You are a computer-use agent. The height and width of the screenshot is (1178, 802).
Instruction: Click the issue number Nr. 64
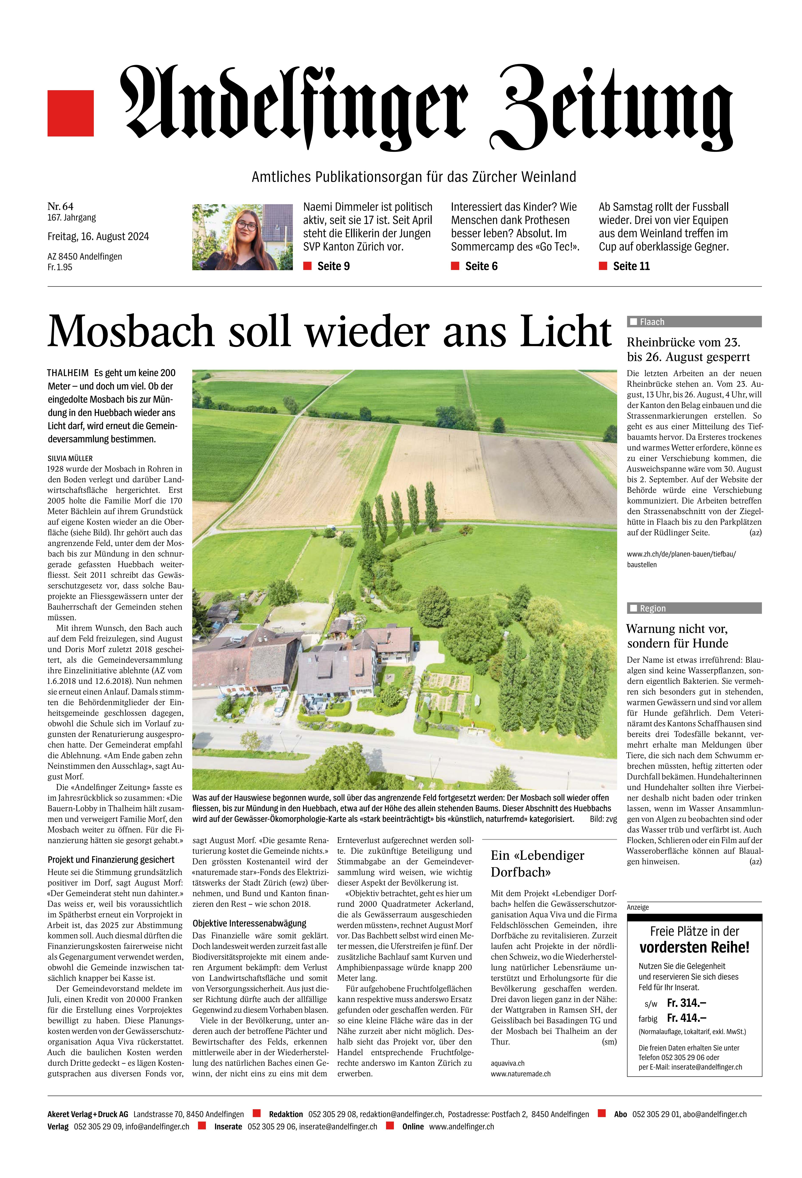click(x=60, y=206)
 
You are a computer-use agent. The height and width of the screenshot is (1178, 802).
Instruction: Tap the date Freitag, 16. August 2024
click(x=98, y=237)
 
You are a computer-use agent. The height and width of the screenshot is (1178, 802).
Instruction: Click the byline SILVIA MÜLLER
click(x=70, y=458)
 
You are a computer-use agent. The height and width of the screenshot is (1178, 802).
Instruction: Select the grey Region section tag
click(x=694, y=608)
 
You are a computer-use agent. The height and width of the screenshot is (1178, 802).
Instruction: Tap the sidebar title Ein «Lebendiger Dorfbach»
click(x=537, y=864)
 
